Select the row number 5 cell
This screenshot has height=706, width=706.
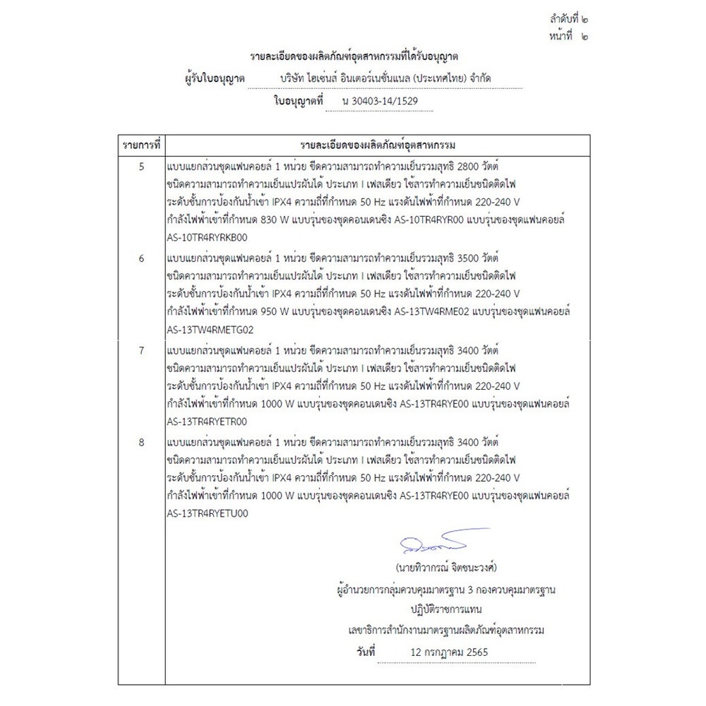tap(142, 167)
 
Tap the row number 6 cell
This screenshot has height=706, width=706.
tap(142, 258)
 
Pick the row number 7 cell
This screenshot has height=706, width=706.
tap(142, 350)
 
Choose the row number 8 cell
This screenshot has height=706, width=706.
tap(142, 442)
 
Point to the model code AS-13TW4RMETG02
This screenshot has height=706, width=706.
tap(210, 328)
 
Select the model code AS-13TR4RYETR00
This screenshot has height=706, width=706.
tap(207, 421)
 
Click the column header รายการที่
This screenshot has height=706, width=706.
tap(142, 145)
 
